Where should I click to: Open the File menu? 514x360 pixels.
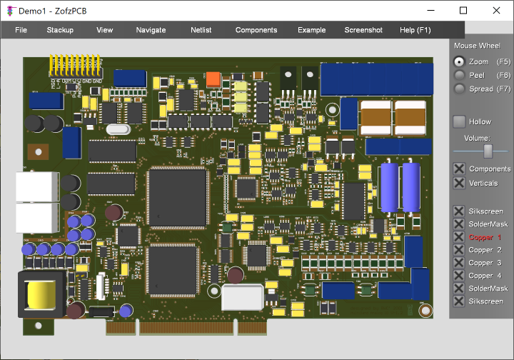coord(21,30)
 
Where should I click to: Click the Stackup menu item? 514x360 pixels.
coord(60,30)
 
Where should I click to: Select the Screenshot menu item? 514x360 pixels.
coord(363,30)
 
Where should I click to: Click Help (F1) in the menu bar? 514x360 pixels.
coord(415,30)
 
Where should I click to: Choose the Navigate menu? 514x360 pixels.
coord(151,30)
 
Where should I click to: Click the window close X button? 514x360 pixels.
coord(496,10)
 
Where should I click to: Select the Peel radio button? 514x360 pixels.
coord(459,75)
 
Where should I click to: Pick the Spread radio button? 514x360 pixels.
coord(459,89)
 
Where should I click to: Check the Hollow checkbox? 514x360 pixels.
coord(459,122)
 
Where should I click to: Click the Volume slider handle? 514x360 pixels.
coord(488,151)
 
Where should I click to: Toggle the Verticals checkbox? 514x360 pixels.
coord(459,183)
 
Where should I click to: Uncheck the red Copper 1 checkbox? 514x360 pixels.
coord(459,237)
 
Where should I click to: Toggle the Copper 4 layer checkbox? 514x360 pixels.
coord(459,276)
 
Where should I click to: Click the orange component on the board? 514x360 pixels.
coord(213,79)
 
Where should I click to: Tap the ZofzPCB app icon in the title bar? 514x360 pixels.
coord(9,11)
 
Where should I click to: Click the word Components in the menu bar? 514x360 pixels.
coord(256,30)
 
